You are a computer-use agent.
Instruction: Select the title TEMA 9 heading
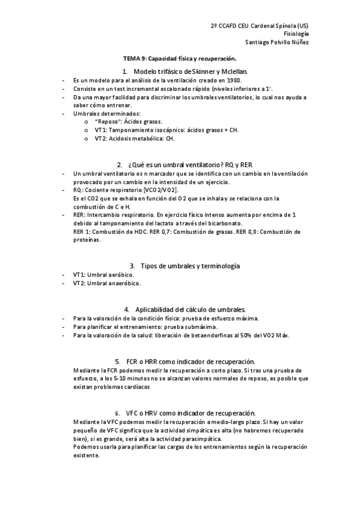pos(180,58)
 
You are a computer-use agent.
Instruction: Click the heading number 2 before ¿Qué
pos(119,164)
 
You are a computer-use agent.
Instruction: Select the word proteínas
pos(87,240)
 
